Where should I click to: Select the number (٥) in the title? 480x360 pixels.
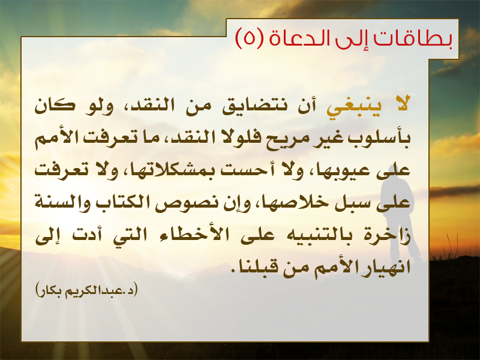[249, 38]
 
